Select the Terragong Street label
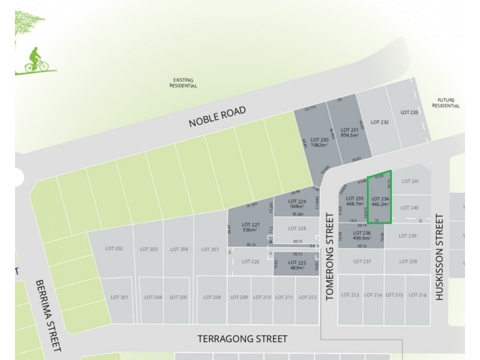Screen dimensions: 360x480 [242, 339]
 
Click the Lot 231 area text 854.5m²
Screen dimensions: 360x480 [349, 134]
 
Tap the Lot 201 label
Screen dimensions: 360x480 [120, 297]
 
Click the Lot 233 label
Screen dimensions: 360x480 [409, 112]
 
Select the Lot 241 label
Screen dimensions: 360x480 [410, 181]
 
